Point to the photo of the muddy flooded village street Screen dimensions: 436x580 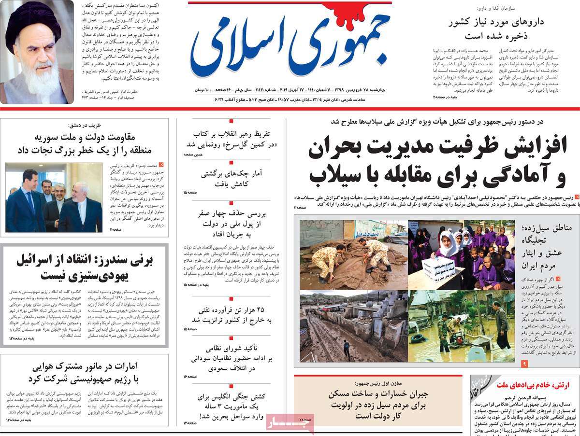353,326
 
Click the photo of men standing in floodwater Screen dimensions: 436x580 461,326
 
